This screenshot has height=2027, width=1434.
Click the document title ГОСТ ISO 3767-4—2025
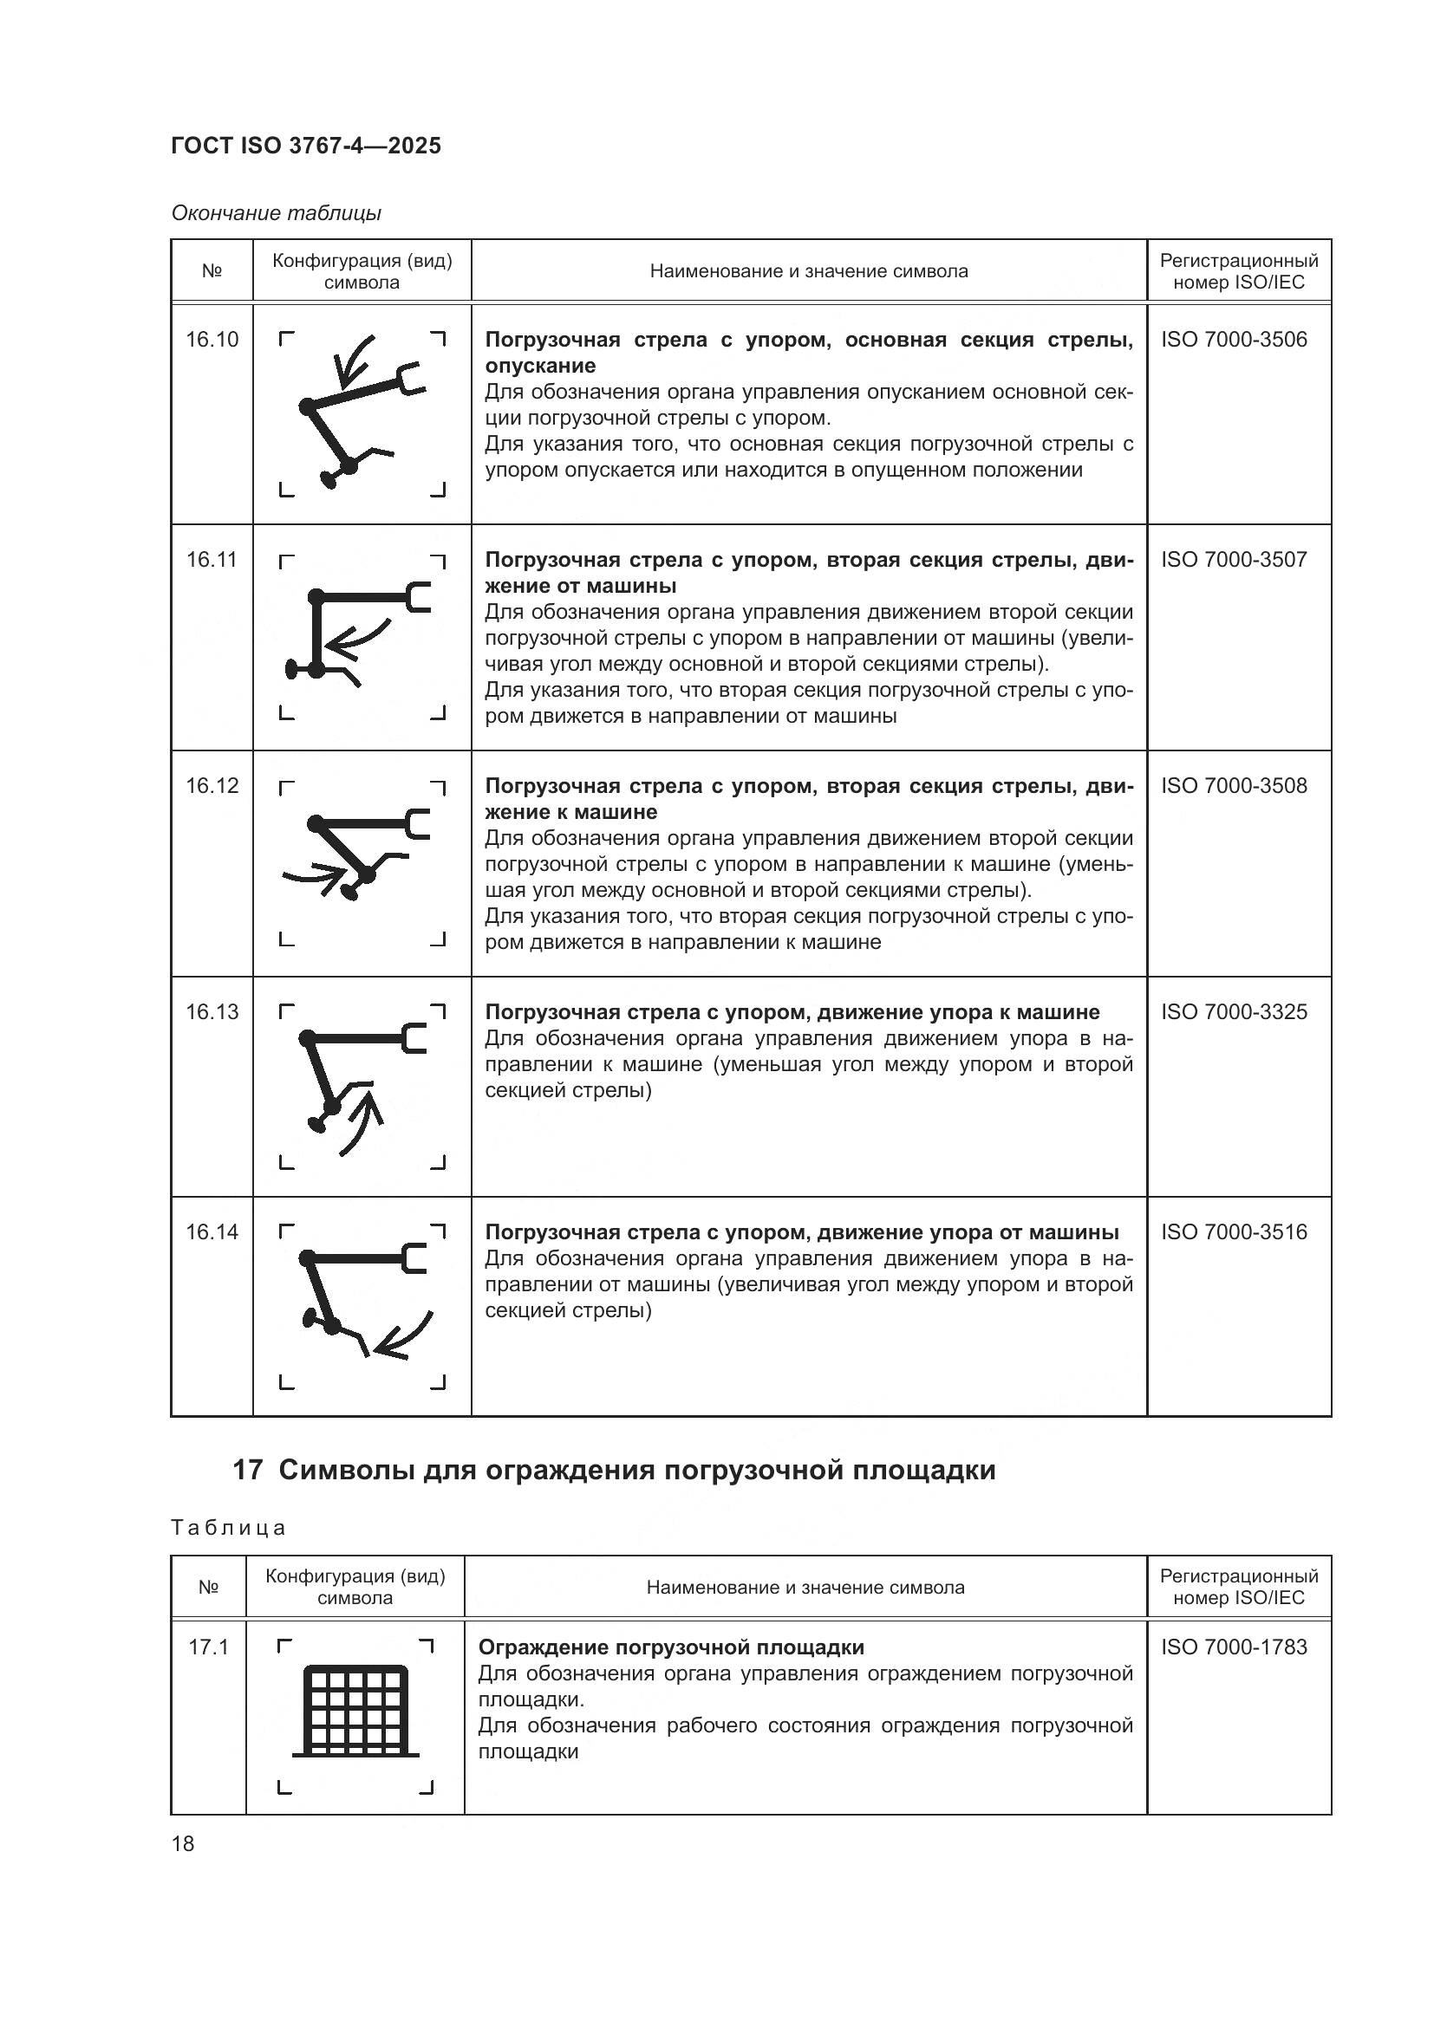(305, 146)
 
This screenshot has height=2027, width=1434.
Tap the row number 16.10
(212, 340)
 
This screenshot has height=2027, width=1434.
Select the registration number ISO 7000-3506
(1234, 340)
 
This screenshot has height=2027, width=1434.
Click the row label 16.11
(212, 560)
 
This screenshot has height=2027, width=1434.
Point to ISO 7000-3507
(1234, 560)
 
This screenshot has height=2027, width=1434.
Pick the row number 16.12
(212, 786)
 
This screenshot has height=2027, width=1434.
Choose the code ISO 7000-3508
(1234, 786)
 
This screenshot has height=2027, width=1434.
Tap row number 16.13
(212, 1011)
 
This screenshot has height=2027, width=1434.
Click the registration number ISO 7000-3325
(1234, 1011)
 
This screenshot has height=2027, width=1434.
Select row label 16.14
(212, 1231)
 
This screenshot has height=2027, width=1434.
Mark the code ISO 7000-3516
(1234, 1231)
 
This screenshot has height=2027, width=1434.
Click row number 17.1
(208, 1647)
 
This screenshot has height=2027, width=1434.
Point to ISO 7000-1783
(1234, 1647)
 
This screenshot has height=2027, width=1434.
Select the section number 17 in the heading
(247, 1471)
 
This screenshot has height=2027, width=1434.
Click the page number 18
(183, 1843)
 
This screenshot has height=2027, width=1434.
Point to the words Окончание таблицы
(277, 213)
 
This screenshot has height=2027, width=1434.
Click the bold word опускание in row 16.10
(540, 366)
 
